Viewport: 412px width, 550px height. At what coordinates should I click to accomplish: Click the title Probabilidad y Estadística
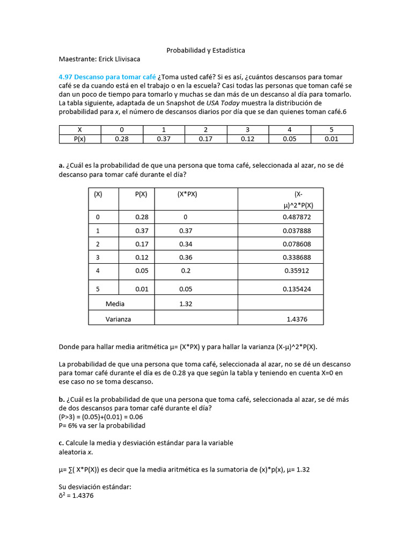point(205,50)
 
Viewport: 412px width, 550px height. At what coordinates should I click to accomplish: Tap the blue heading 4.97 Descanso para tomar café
point(107,77)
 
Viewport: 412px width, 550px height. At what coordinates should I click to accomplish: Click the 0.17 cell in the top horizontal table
point(206,139)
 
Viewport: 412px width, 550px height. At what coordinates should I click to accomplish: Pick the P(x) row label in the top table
point(80,139)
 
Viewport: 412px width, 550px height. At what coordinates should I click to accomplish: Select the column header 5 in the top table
point(332,130)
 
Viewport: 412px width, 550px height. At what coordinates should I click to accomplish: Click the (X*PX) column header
point(187,195)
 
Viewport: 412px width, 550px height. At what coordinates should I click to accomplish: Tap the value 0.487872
point(296,217)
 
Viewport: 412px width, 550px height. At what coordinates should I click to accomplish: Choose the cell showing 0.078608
point(296,244)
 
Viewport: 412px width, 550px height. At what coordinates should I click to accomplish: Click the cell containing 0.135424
point(296,289)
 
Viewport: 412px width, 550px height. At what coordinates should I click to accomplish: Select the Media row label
point(115,303)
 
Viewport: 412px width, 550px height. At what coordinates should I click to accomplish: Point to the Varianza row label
point(118,319)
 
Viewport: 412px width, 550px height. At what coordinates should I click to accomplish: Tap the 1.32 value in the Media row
point(186,303)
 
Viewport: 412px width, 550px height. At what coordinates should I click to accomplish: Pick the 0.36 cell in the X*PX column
point(186,257)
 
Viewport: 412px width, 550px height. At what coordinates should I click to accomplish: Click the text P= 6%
point(71,425)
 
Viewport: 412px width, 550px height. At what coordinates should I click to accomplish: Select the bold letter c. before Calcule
point(62,443)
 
